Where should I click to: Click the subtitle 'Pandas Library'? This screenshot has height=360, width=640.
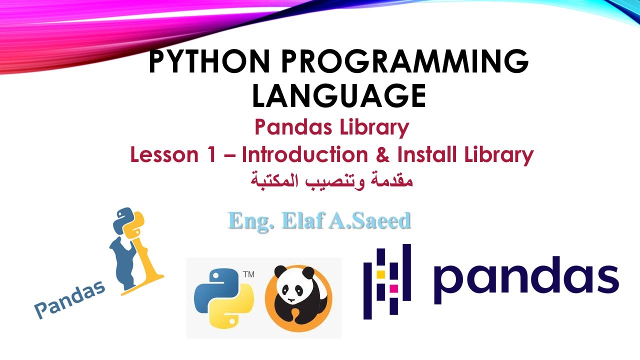pyautogui.click(x=331, y=127)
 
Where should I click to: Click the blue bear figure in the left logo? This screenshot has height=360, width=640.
pyautogui.click(x=123, y=260)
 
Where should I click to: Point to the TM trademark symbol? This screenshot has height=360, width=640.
pyautogui.click(x=248, y=274)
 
